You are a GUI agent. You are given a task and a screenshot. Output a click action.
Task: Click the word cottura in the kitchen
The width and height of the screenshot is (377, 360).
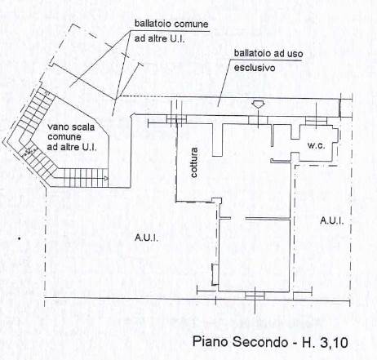(194, 162)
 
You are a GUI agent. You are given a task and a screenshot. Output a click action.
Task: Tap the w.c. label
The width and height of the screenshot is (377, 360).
(317, 145)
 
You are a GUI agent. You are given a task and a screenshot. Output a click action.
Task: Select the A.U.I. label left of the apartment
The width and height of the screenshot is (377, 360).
(146, 238)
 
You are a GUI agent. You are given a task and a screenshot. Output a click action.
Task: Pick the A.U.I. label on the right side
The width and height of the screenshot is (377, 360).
(332, 220)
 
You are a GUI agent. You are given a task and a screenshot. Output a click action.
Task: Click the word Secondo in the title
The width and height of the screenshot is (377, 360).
(260, 342)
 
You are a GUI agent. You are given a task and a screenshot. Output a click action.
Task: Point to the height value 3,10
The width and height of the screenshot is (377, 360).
(335, 343)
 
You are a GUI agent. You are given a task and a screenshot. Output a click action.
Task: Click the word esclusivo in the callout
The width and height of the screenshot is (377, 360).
(255, 68)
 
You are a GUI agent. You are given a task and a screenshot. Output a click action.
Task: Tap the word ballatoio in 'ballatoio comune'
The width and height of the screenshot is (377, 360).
(152, 24)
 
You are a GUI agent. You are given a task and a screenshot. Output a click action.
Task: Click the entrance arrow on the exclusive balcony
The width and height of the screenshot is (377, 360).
(258, 104)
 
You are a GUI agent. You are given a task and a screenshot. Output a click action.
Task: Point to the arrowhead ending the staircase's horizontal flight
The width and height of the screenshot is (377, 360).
(106, 179)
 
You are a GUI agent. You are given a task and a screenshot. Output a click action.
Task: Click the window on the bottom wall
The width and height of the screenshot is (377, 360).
(255, 296)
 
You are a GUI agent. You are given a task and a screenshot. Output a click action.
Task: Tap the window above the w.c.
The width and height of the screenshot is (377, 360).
(316, 121)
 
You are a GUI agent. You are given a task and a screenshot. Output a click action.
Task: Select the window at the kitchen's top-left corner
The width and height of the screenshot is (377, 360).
(176, 119)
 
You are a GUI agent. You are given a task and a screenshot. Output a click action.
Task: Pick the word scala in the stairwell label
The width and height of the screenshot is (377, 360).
(83, 127)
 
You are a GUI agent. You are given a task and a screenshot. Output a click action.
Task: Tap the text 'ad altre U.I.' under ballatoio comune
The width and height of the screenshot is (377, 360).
(160, 38)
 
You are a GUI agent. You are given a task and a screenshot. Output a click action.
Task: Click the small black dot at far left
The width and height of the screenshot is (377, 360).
(19, 239)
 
